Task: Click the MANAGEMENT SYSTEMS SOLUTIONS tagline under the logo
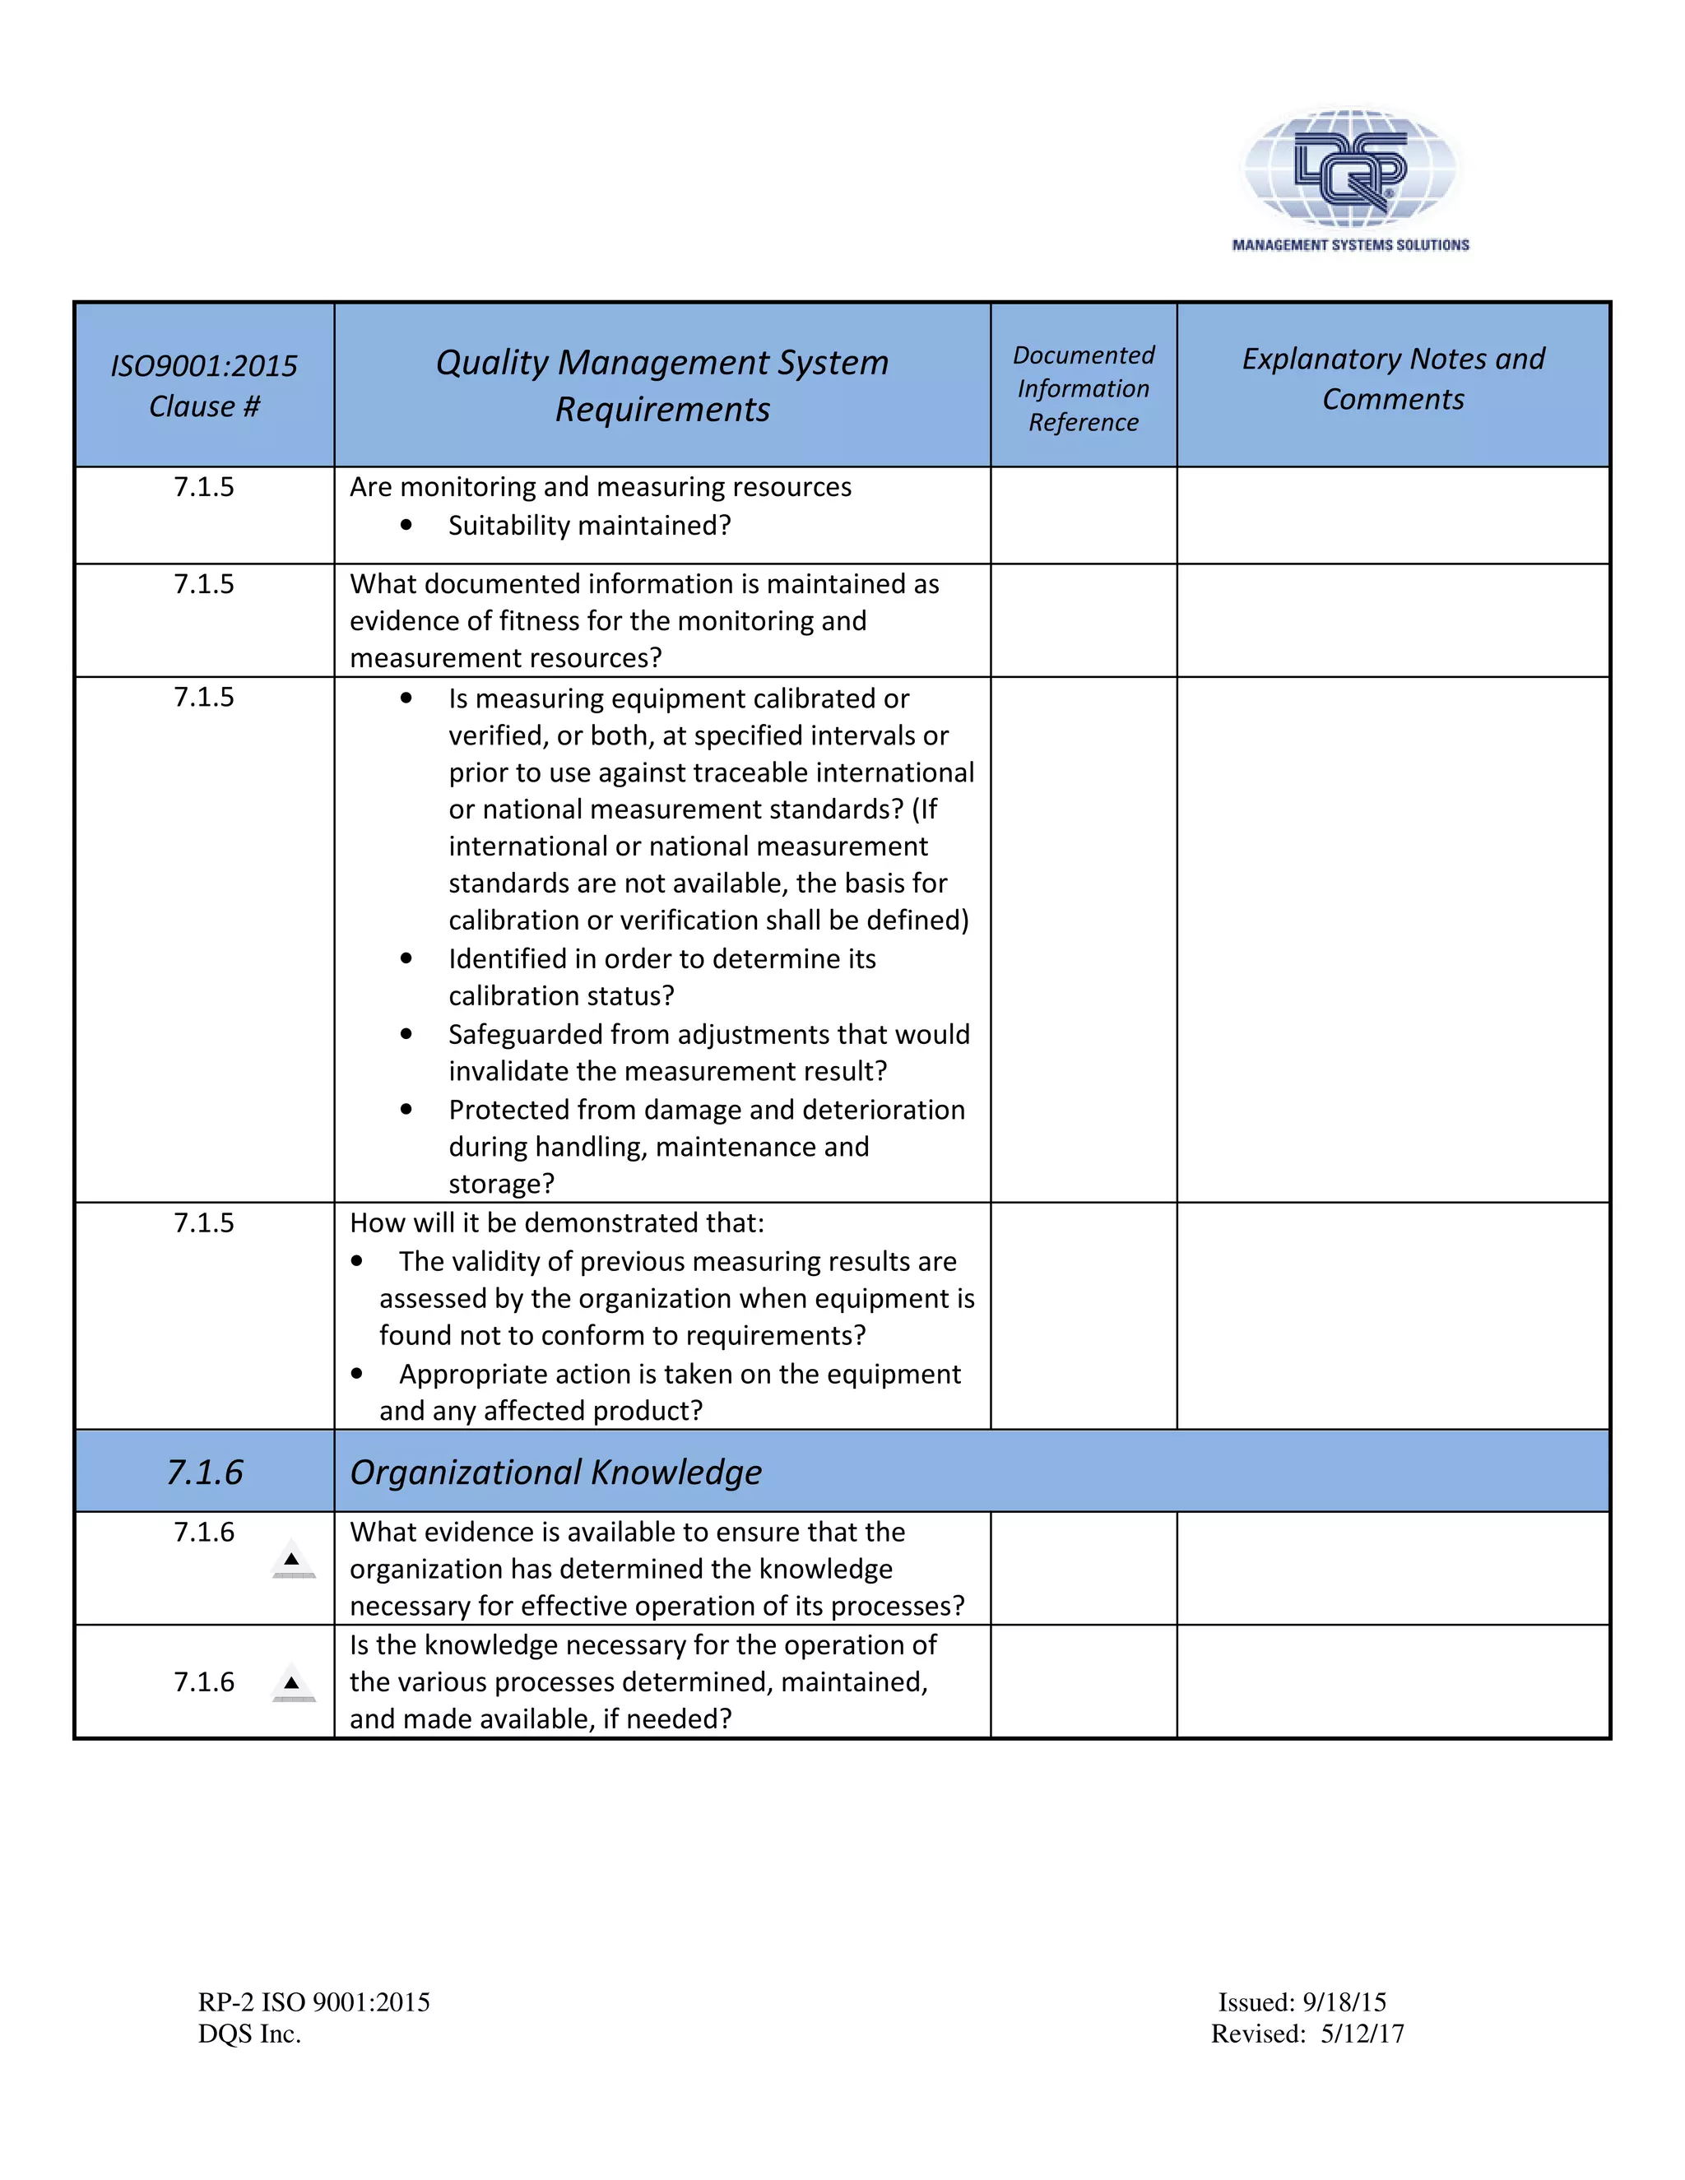(x=1349, y=244)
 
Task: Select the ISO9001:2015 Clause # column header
(x=204, y=385)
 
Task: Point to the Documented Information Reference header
(x=1083, y=388)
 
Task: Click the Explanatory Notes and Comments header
(x=1393, y=378)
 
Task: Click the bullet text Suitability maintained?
(x=589, y=525)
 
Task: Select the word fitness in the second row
(x=540, y=621)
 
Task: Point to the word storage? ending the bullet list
(x=501, y=1184)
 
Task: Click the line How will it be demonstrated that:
(x=556, y=1222)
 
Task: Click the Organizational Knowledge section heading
(x=555, y=1473)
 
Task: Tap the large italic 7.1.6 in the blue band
(x=204, y=1473)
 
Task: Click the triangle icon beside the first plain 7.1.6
(x=292, y=1560)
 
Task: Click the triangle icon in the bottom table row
(x=292, y=1684)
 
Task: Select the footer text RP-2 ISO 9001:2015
(x=313, y=2002)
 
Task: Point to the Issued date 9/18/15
(x=1344, y=2002)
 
